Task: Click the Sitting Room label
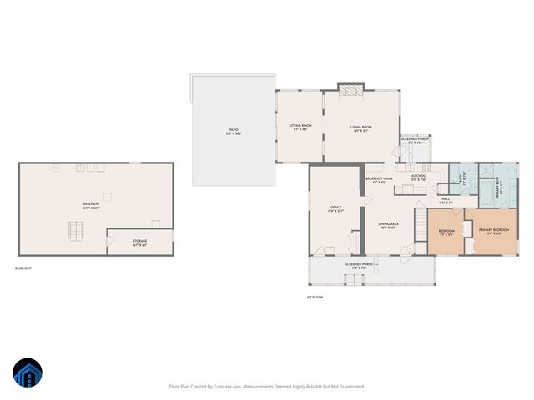pyautogui.click(x=300, y=127)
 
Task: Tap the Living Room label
pyautogui.click(x=360, y=127)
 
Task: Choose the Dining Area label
pyautogui.click(x=386, y=225)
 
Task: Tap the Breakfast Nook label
pyautogui.click(x=378, y=180)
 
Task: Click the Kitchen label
pyautogui.click(x=418, y=177)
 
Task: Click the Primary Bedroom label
pyautogui.click(x=495, y=232)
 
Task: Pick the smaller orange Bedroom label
pyautogui.click(x=446, y=232)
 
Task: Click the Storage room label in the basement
pyautogui.click(x=139, y=243)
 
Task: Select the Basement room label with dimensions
pyautogui.click(x=91, y=205)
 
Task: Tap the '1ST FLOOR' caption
pyautogui.click(x=315, y=297)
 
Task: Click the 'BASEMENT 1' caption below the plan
pyautogui.click(x=24, y=268)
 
